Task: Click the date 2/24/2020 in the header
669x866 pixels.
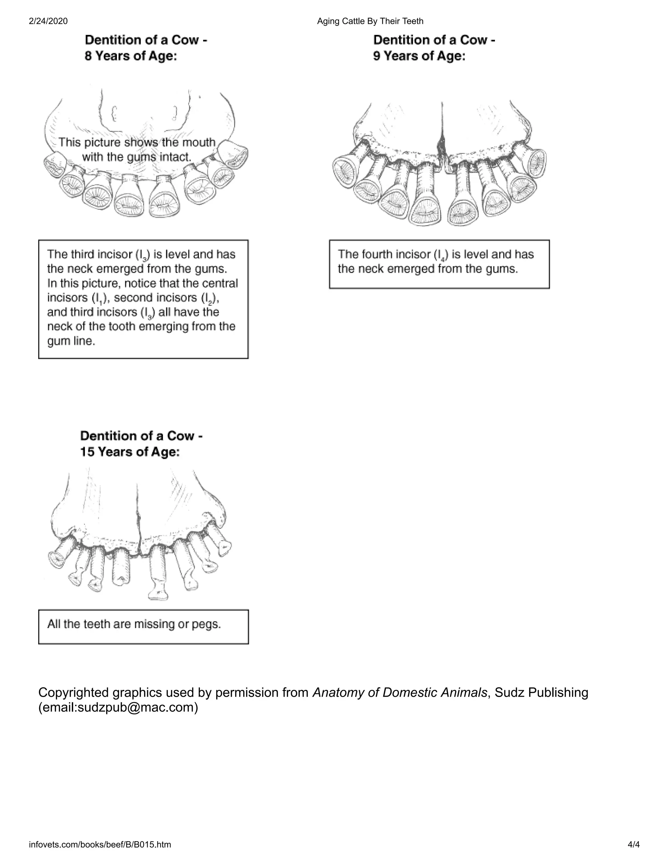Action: (48, 21)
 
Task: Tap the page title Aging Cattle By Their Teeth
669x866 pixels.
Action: (370, 21)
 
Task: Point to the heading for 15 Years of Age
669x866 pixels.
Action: (141, 444)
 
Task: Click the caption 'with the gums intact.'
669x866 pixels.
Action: (137, 157)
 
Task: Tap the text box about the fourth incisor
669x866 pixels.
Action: (439, 264)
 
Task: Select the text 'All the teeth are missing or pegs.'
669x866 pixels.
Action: (134, 624)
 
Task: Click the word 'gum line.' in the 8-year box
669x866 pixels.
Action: (71, 341)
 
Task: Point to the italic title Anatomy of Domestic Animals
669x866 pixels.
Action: (400, 692)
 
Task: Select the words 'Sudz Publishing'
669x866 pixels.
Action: (541, 692)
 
